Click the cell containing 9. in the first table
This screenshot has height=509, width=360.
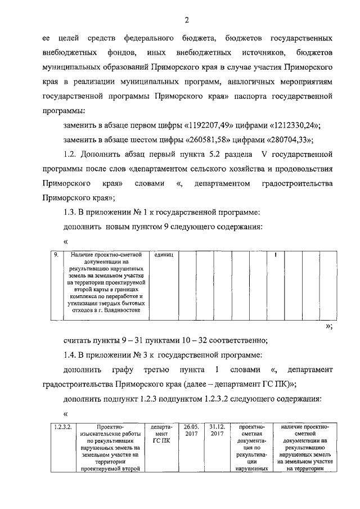coord(56,255)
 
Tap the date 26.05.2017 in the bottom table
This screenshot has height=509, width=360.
coord(188,431)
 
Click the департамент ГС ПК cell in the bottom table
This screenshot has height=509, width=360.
coord(160,435)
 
